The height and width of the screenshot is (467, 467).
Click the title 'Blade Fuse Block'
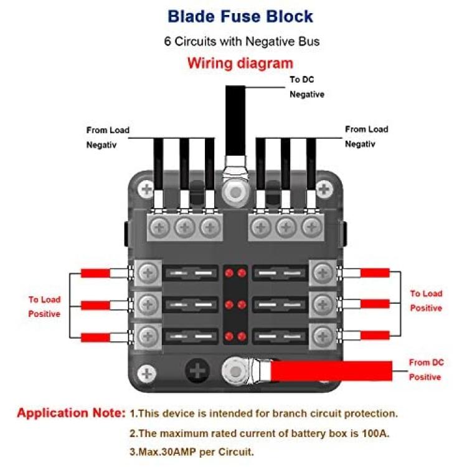(240, 16)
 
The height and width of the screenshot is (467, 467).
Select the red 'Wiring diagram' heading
(240, 64)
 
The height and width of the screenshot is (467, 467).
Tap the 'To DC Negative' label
(307, 87)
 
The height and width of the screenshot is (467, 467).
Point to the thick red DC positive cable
(331, 371)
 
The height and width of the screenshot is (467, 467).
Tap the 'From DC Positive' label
(426, 370)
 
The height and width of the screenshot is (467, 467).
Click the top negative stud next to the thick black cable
(235, 192)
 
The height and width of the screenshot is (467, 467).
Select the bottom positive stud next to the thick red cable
(235, 371)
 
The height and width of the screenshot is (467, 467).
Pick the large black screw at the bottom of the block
(197, 371)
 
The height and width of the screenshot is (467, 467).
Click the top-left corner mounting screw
(146, 189)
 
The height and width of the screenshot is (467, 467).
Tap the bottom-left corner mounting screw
(146, 373)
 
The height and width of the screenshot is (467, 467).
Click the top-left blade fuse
(191, 273)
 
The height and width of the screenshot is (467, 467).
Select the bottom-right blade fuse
(280, 336)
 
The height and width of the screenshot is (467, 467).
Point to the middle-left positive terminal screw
(148, 304)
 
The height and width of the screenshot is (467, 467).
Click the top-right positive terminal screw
(323, 273)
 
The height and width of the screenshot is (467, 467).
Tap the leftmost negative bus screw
(159, 228)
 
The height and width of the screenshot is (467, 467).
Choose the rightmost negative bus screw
(311, 228)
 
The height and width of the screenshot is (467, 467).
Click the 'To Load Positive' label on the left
(44, 306)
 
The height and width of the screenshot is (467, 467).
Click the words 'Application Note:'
(72, 413)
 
